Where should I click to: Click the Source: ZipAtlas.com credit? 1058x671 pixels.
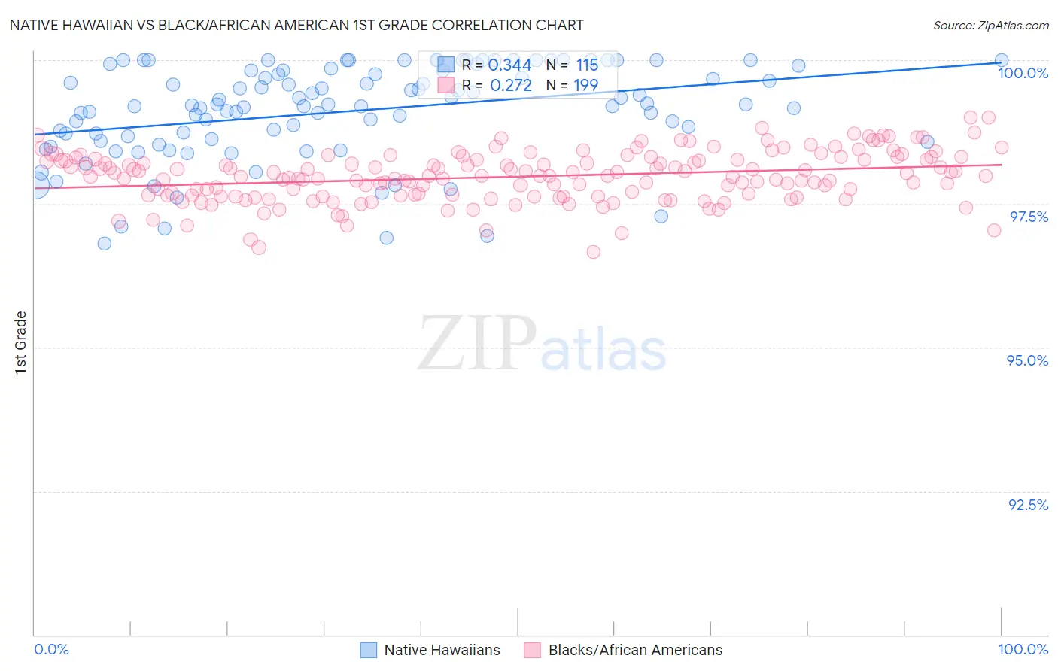[x=990, y=25]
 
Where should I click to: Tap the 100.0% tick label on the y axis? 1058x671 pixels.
[x=1023, y=73]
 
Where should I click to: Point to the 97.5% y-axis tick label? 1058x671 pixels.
[x=1028, y=217]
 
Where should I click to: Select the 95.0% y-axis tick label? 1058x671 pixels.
[x=1027, y=360]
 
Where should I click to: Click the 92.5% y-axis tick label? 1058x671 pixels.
[x=1028, y=505]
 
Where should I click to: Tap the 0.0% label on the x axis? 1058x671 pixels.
[x=51, y=650]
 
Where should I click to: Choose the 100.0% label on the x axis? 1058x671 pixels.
[x=1023, y=650]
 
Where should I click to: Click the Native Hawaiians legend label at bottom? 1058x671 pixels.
[x=442, y=650]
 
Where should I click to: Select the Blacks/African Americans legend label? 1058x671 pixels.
[x=635, y=650]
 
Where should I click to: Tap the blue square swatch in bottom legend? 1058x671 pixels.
[x=369, y=650]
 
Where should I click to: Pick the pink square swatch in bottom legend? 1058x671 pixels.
[x=533, y=650]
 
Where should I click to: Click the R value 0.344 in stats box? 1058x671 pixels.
[x=510, y=65]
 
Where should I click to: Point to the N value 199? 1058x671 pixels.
[x=585, y=86]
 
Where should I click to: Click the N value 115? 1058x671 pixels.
[x=587, y=65]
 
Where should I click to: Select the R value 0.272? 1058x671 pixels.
[x=510, y=86]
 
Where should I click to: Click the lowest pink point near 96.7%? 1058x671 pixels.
[x=593, y=252]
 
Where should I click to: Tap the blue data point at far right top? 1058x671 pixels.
[x=1002, y=60]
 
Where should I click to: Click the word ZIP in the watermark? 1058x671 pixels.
[x=476, y=344]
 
